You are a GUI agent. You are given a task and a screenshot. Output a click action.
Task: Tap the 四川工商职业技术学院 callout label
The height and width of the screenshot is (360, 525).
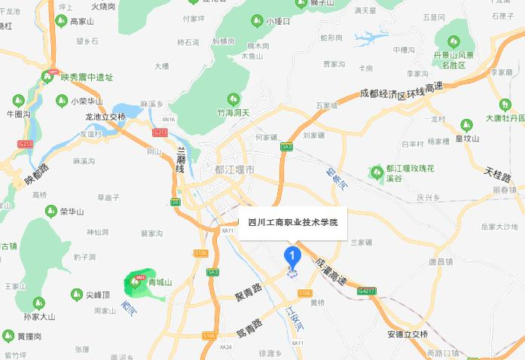coord(293,223)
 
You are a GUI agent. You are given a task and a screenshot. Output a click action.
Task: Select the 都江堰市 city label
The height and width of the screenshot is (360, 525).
coord(234,170)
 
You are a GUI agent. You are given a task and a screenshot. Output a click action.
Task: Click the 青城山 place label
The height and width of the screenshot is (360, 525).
coord(160,282)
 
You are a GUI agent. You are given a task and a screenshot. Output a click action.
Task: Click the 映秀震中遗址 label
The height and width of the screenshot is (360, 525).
coord(87,76)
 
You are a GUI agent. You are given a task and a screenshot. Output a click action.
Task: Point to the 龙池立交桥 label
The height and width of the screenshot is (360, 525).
coord(105,117)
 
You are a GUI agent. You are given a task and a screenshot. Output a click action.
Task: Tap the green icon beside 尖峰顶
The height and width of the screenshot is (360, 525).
coord(76,294)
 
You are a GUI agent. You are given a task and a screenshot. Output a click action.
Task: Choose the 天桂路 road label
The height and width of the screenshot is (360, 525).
coord(497,178)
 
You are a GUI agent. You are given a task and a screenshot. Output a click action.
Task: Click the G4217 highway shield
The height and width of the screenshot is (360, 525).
coord(367,289)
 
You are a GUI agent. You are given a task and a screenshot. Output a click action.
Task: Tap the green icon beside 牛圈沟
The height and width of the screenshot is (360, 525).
coord(17,99)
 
